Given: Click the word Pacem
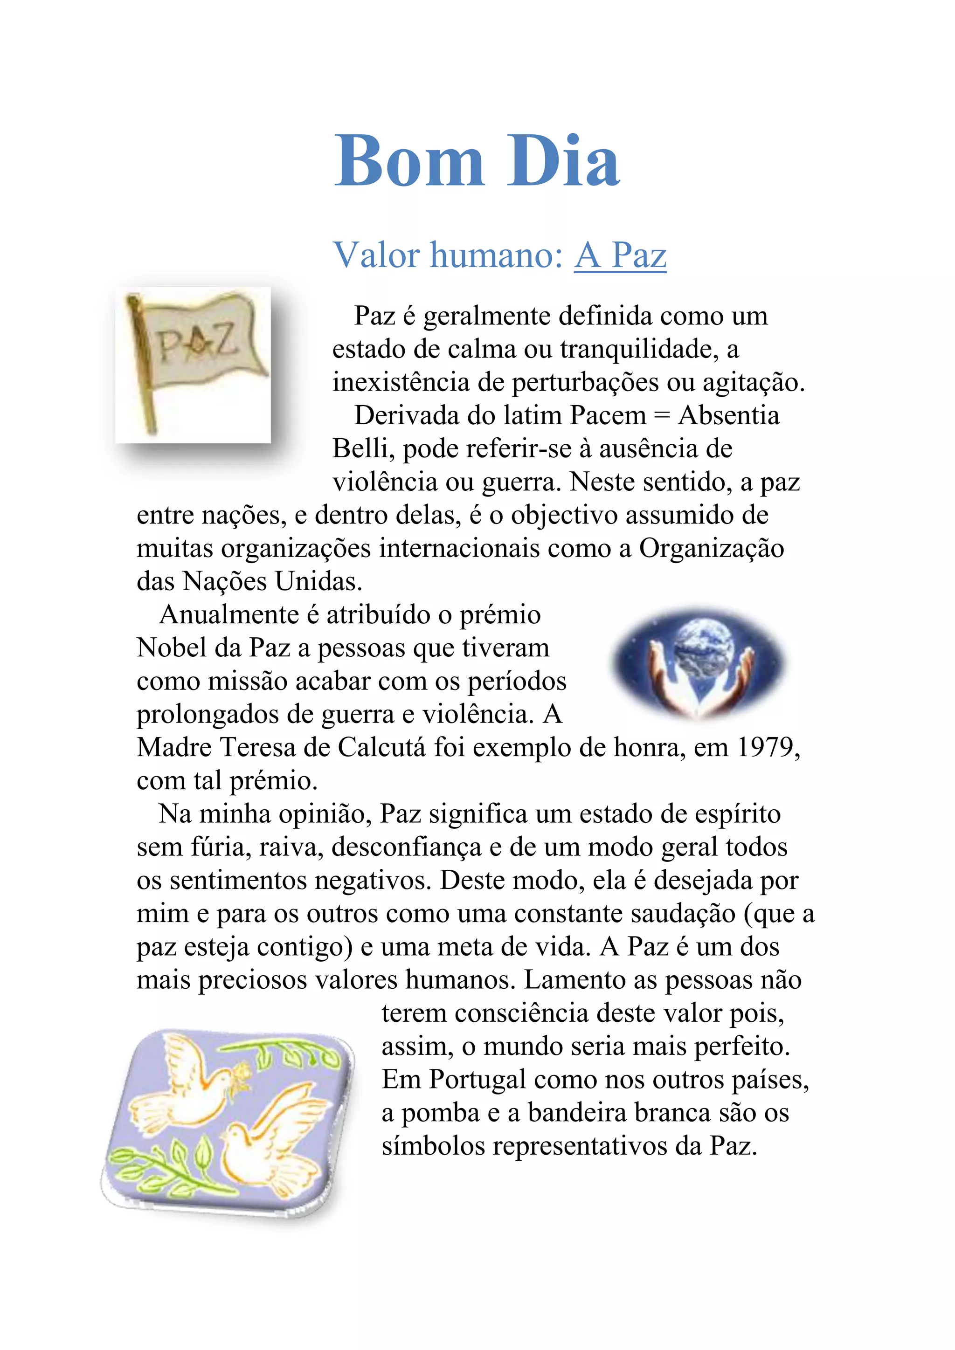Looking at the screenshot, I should tap(608, 416).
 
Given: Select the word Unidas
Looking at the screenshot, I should tap(318, 581).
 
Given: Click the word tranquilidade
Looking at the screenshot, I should tap(638, 349).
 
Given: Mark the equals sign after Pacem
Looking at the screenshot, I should tap(662, 416).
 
